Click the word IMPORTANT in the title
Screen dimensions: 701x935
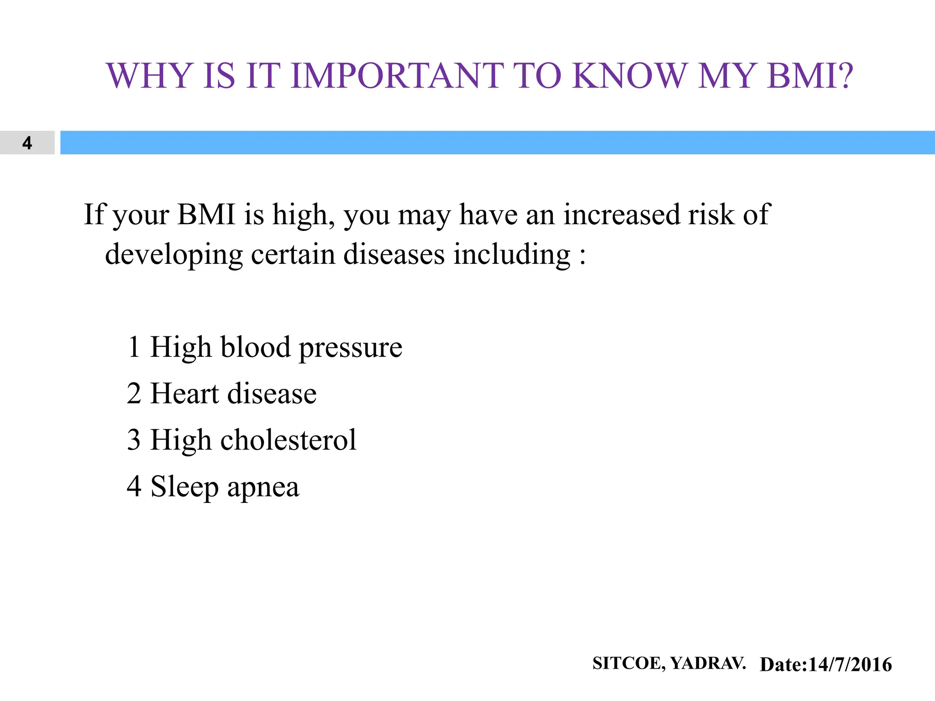[397, 75]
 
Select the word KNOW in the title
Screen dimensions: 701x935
[630, 75]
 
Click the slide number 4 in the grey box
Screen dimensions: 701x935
[27, 143]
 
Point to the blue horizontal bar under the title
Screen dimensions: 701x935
[498, 142]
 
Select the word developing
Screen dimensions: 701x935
[174, 255]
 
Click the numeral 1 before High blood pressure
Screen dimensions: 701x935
[134, 347]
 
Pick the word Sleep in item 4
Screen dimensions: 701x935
[184, 487]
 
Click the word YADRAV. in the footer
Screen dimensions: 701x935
[708, 663]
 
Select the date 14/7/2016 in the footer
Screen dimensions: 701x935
[850, 664]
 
